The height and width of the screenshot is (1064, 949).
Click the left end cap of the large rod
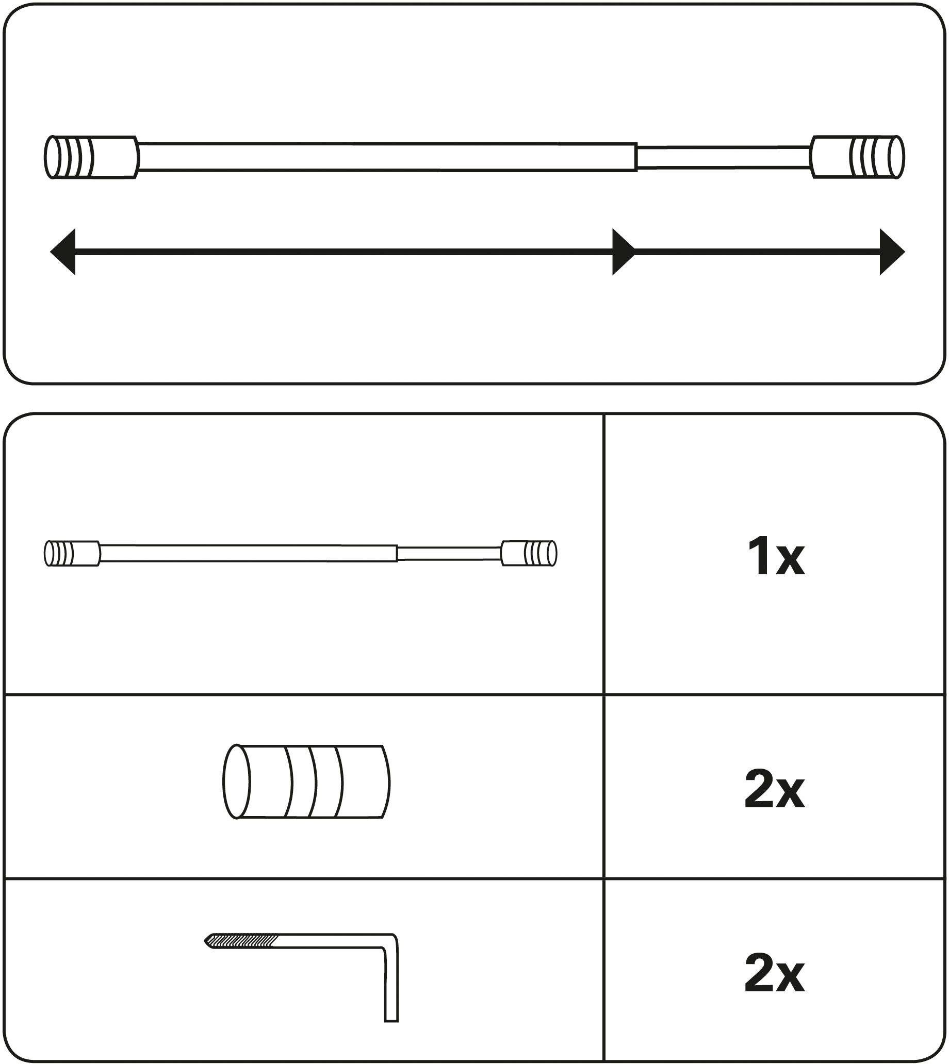(x=91, y=157)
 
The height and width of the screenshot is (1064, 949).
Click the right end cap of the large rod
(x=857, y=157)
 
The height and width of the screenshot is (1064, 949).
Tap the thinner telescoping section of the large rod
(x=723, y=157)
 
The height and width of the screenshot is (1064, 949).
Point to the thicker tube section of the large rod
(x=386, y=156)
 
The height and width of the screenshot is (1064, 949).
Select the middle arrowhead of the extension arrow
(x=623, y=252)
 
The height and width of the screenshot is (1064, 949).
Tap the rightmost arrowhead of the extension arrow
(x=891, y=252)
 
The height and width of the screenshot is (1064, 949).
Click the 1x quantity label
(x=775, y=559)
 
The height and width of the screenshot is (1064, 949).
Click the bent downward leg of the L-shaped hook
(x=391, y=985)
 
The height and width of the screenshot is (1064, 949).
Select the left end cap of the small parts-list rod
(x=72, y=553)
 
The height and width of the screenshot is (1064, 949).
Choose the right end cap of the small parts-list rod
(x=529, y=553)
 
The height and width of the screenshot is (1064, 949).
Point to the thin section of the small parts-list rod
(x=449, y=553)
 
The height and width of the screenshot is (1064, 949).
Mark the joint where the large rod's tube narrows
(x=636, y=157)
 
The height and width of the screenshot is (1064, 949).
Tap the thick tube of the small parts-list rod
(x=248, y=553)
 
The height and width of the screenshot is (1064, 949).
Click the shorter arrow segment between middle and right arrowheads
(x=756, y=252)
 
